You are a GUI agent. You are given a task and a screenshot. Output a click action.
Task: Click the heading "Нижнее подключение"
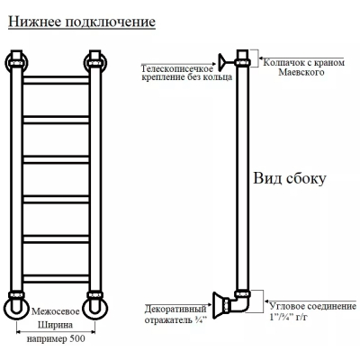tap(82, 22)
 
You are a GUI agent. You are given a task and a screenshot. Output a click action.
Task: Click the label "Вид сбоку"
tap(290, 178)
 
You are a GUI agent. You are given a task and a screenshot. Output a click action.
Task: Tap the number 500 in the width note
tap(77, 339)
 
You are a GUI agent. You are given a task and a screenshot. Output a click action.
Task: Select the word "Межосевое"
tap(56, 311)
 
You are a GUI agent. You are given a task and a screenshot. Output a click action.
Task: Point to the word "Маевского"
tap(301, 72)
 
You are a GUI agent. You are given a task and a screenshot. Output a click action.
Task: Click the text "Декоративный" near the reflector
tap(175, 309)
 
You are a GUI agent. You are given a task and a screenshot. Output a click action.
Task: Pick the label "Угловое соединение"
tap(312, 306)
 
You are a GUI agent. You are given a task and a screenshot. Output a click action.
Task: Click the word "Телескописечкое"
tap(177, 68)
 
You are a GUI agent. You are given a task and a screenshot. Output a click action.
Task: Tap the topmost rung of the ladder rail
tap(56, 80)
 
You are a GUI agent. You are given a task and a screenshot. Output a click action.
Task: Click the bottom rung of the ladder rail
tap(56, 278)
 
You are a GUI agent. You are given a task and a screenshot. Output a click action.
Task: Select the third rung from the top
tap(56, 159)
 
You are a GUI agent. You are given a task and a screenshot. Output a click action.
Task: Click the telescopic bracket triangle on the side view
tap(222, 62)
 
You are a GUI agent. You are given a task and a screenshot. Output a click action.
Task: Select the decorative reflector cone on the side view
tap(219, 305)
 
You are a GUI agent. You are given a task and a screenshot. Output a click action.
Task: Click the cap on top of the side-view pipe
tap(243, 58)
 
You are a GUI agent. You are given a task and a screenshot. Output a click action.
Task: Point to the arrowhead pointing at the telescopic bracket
tap(214, 64)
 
